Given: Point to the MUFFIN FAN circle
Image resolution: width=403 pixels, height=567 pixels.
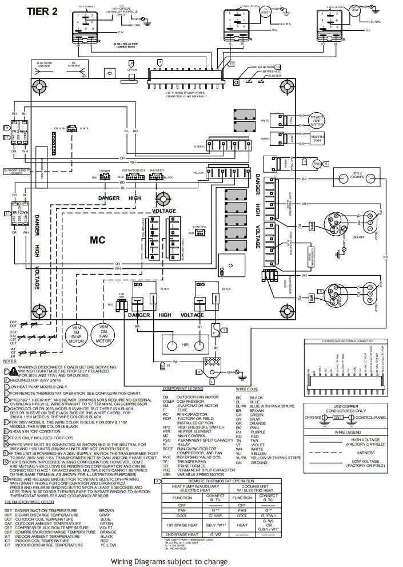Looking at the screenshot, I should (317, 138).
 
